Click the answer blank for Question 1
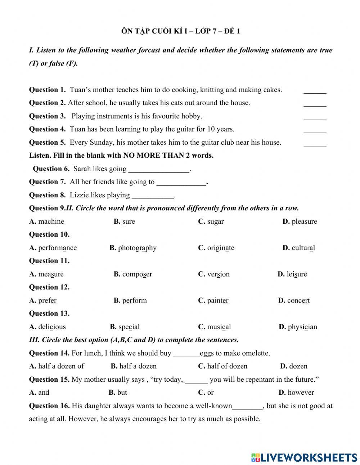(315, 90)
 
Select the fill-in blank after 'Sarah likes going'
(159, 169)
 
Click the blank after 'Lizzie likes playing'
(153, 196)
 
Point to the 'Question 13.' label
(49, 313)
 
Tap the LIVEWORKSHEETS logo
(304, 457)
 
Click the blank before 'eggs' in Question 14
(186, 353)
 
